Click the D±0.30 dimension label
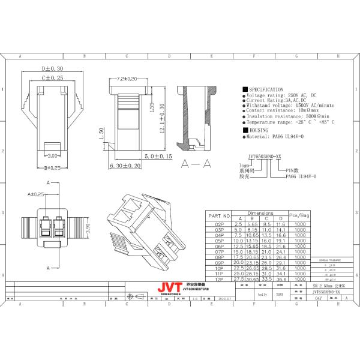(x=53, y=69)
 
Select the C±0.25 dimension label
(x=52, y=78)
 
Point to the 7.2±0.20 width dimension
(x=127, y=79)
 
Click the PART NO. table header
(x=219, y=215)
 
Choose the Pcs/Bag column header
(x=299, y=214)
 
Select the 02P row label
(x=219, y=223)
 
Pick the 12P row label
(x=219, y=279)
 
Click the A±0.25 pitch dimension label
(x=36, y=194)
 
